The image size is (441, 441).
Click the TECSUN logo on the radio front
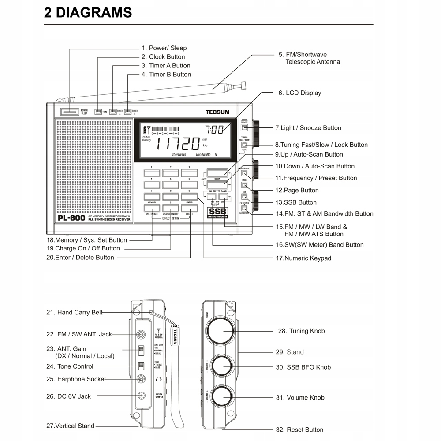[x=217, y=112]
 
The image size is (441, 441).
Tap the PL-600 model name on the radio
[x=71, y=217]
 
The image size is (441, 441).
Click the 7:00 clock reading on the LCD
[x=215, y=130]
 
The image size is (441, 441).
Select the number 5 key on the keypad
[x=170, y=184]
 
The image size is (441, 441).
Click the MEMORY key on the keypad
[x=152, y=208]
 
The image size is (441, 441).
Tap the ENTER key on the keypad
[x=189, y=208]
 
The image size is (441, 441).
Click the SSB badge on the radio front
[x=217, y=211]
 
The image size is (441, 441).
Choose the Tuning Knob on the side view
[x=223, y=331]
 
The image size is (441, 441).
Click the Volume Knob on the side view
[x=223, y=397]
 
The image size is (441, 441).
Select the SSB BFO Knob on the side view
[x=223, y=367]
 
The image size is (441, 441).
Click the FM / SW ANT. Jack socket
[x=141, y=334]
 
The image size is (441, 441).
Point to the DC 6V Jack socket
[x=141, y=396]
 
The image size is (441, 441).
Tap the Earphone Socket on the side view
[x=141, y=378]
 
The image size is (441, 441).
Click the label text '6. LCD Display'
[x=299, y=93]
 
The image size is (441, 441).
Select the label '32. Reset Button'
[x=299, y=430]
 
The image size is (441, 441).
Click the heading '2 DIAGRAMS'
[x=88, y=12]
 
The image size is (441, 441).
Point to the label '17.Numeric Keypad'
[x=303, y=258]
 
